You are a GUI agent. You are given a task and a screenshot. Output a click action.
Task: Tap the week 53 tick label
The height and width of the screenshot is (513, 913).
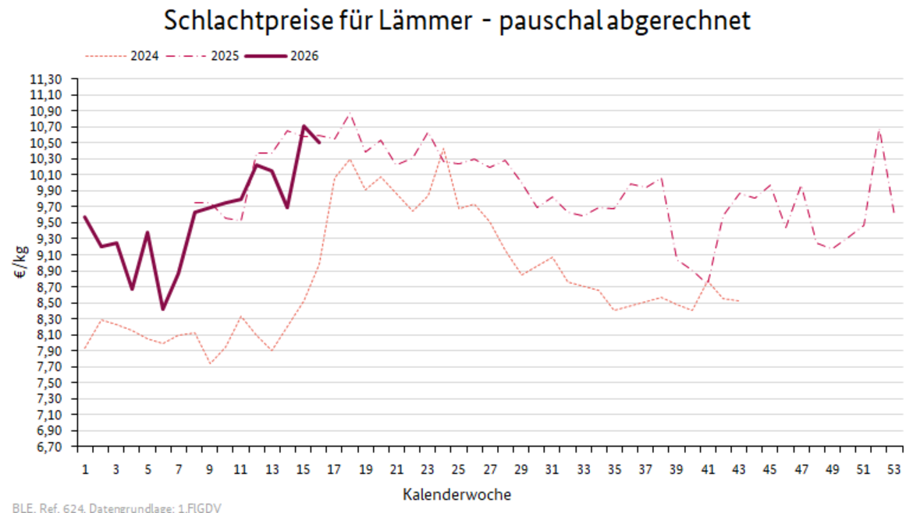pos(894,470)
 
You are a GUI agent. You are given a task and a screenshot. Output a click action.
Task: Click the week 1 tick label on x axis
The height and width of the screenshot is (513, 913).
pos(84,470)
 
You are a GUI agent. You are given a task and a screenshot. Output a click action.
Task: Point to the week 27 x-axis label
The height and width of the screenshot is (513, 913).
pos(489,470)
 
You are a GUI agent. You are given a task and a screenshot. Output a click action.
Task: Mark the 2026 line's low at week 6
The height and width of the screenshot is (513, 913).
pos(162,310)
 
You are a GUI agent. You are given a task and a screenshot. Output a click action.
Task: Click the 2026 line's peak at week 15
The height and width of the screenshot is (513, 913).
pos(303,126)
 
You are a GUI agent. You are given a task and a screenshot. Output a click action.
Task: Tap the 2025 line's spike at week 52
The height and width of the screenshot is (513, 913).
pos(879,129)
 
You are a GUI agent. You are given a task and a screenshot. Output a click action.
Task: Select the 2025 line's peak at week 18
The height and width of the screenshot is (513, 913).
pos(350,114)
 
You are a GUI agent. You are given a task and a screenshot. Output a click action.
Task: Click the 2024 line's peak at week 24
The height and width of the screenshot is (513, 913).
pos(443,148)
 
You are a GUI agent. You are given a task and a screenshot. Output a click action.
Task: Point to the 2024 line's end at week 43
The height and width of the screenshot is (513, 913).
pos(739,301)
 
